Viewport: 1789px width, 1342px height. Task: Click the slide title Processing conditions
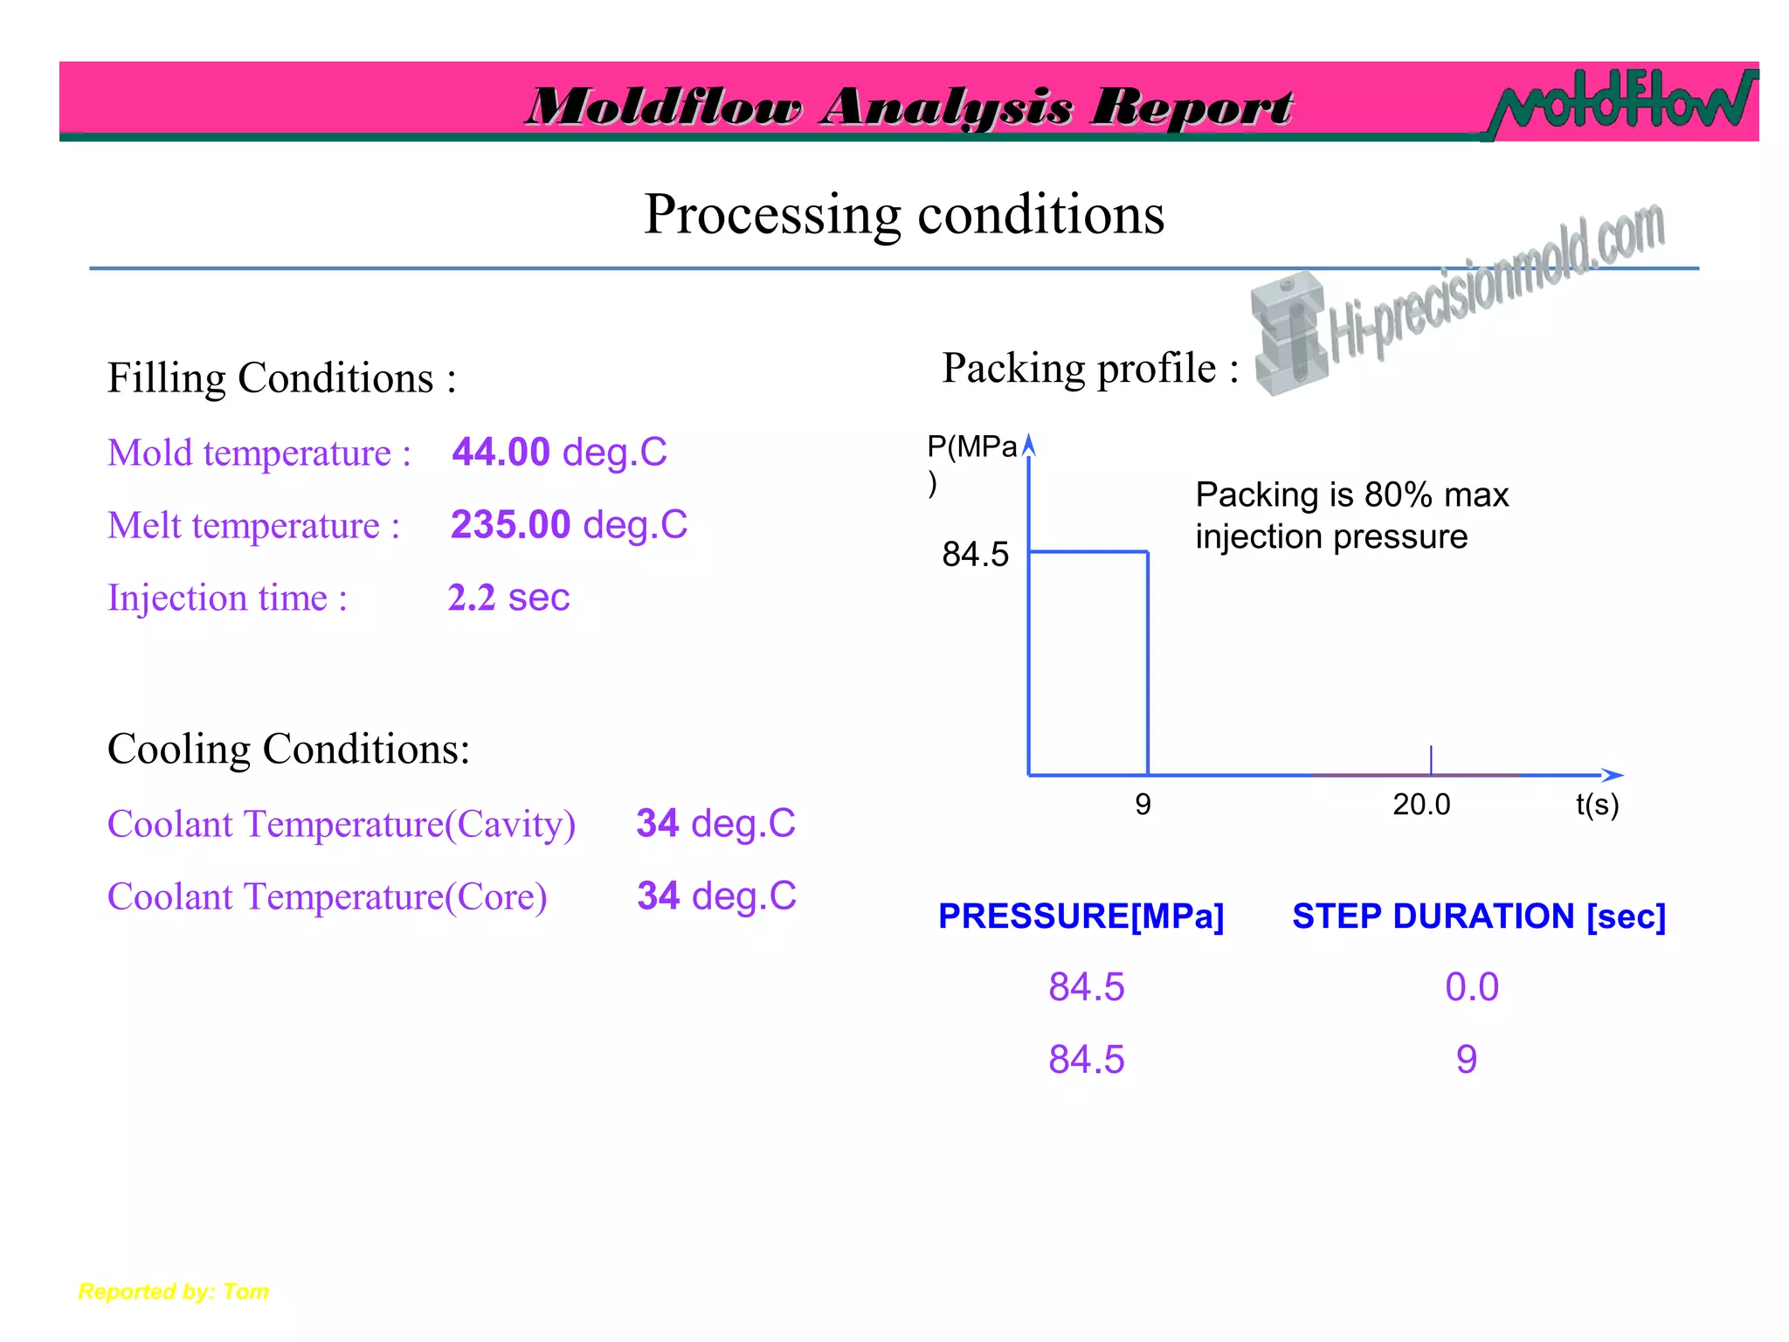click(904, 214)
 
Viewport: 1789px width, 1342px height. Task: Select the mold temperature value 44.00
click(501, 453)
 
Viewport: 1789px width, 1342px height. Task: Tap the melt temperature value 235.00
click(510, 525)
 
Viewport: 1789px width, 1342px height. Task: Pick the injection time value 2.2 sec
click(508, 598)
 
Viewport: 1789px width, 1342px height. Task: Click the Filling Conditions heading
click(281, 378)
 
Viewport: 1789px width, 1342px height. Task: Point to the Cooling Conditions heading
click(288, 749)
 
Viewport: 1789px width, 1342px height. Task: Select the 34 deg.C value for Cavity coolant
click(715, 824)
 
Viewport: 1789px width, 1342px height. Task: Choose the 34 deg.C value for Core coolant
click(716, 896)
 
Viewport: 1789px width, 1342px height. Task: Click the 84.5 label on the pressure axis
click(975, 555)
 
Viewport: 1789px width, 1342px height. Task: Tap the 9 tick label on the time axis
click(1143, 805)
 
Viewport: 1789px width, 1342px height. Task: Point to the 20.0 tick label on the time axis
click(1421, 805)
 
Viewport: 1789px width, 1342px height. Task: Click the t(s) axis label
click(1597, 805)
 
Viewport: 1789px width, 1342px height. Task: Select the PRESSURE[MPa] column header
click(1081, 917)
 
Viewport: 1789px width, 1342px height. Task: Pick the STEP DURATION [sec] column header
click(1479, 917)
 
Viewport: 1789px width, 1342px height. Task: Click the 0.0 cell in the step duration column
click(1472, 987)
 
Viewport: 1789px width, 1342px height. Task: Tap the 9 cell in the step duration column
click(1467, 1060)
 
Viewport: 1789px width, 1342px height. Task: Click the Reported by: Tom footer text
click(174, 1291)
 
